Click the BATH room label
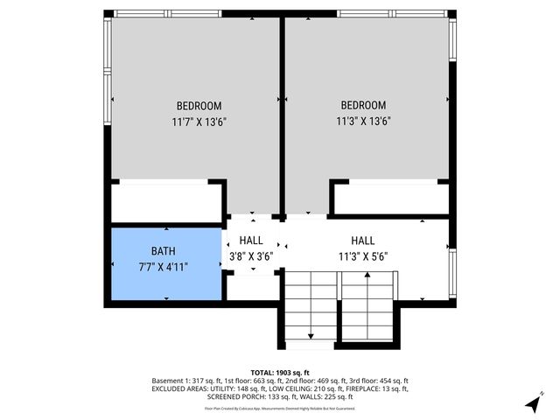click(x=164, y=250)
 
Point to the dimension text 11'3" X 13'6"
click(x=363, y=122)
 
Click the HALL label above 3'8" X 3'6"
click(x=251, y=241)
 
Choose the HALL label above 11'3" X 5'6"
click(x=363, y=241)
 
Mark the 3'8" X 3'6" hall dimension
click(x=251, y=257)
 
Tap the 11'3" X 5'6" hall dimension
click(x=363, y=257)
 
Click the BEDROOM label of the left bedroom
click(x=199, y=105)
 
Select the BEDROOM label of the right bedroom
click(x=363, y=105)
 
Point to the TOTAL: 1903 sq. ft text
click(x=280, y=373)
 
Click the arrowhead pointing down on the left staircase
click(x=311, y=335)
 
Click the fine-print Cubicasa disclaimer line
click(x=280, y=408)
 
